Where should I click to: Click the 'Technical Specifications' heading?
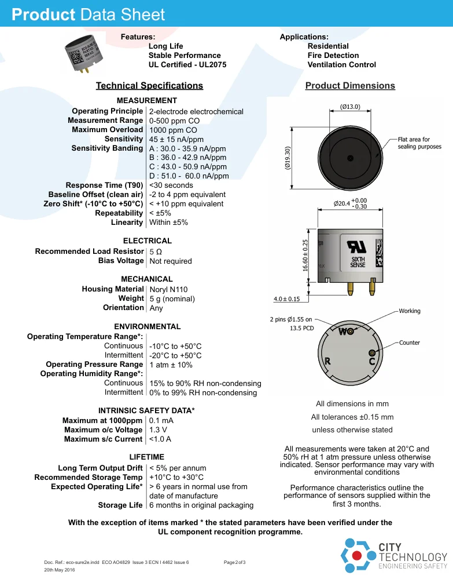point(149,86)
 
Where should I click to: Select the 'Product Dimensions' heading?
point(350,86)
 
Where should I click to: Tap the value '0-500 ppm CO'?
point(174,121)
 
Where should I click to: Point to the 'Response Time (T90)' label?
point(104,185)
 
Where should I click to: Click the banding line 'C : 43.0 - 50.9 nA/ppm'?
point(187,167)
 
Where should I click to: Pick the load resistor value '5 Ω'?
point(156,252)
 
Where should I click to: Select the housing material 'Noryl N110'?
point(168,290)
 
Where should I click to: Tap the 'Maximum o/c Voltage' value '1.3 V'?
point(158,430)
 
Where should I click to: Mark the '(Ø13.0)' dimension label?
point(349,107)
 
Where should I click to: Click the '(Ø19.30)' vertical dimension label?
point(288,158)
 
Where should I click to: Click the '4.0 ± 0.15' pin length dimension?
point(286,299)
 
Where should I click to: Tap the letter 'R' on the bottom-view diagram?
point(327,361)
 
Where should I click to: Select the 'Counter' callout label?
point(409,343)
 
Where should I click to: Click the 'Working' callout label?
point(410,311)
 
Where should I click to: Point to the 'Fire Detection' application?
point(333,56)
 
